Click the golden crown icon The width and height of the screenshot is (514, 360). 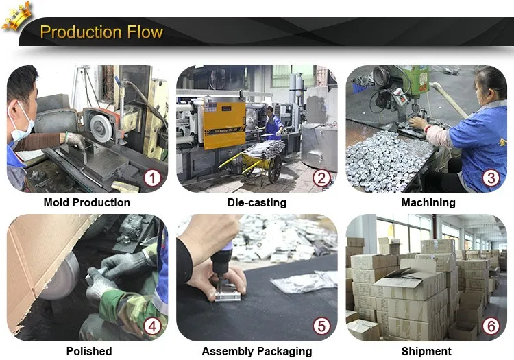(x=16, y=16)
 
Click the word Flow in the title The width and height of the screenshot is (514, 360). (x=145, y=32)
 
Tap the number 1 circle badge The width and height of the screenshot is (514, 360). (x=152, y=178)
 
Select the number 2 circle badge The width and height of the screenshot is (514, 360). (x=321, y=178)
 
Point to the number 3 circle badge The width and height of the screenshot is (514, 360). (x=491, y=178)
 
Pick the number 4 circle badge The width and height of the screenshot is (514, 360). (x=152, y=326)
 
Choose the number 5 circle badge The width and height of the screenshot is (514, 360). (x=321, y=326)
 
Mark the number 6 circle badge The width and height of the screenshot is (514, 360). (x=491, y=326)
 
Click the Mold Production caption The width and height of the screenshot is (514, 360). (x=87, y=202)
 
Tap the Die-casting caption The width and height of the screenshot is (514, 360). (x=257, y=202)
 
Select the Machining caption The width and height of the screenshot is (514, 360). (x=428, y=202)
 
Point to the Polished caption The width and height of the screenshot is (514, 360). (x=89, y=351)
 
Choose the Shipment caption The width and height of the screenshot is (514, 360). (x=426, y=352)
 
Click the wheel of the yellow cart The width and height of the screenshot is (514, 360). (x=275, y=169)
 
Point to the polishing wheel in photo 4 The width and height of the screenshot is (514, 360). (x=60, y=276)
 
